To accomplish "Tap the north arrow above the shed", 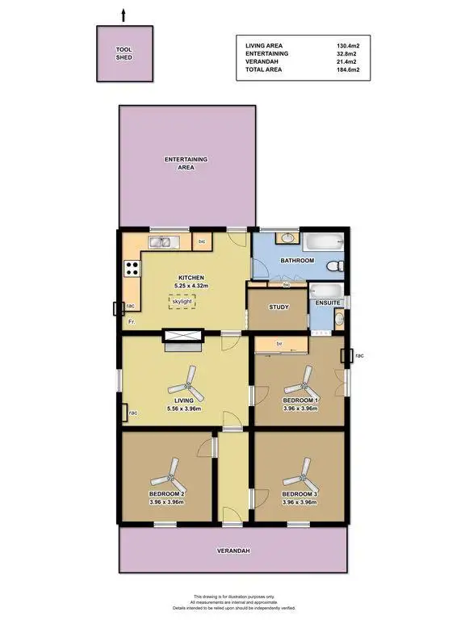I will click(x=124, y=14).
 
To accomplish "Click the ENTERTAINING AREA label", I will click(x=186, y=163).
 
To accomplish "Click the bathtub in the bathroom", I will click(x=323, y=241).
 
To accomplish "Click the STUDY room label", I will click(x=279, y=307).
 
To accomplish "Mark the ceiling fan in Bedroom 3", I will click(x=302, y=468).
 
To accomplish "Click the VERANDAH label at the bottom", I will click(x=232, y=551).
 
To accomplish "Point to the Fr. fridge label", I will click(x=131, y=322).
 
